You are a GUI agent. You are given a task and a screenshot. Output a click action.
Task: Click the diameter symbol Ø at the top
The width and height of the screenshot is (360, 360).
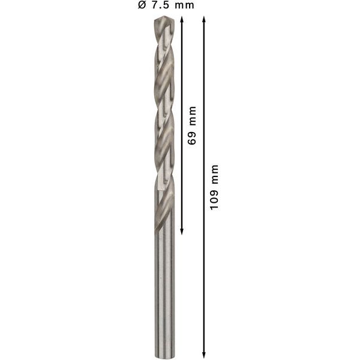pos(141,6)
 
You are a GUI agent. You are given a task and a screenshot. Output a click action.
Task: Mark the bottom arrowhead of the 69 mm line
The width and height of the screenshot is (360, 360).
pos(181,232)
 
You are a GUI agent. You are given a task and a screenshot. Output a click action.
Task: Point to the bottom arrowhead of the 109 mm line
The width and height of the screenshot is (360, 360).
pos(204,355)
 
